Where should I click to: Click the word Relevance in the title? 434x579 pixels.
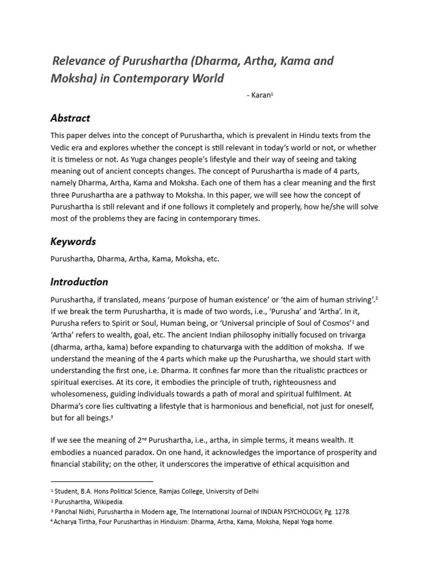pyautogui.click(x=75, y=61)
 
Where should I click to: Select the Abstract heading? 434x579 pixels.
pyautogui.click(x=70, y=118)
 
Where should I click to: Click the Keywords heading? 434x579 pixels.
pyautogui.click(x=73, y=241)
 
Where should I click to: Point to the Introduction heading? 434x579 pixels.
pyautogui.click(x=79, y=282)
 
